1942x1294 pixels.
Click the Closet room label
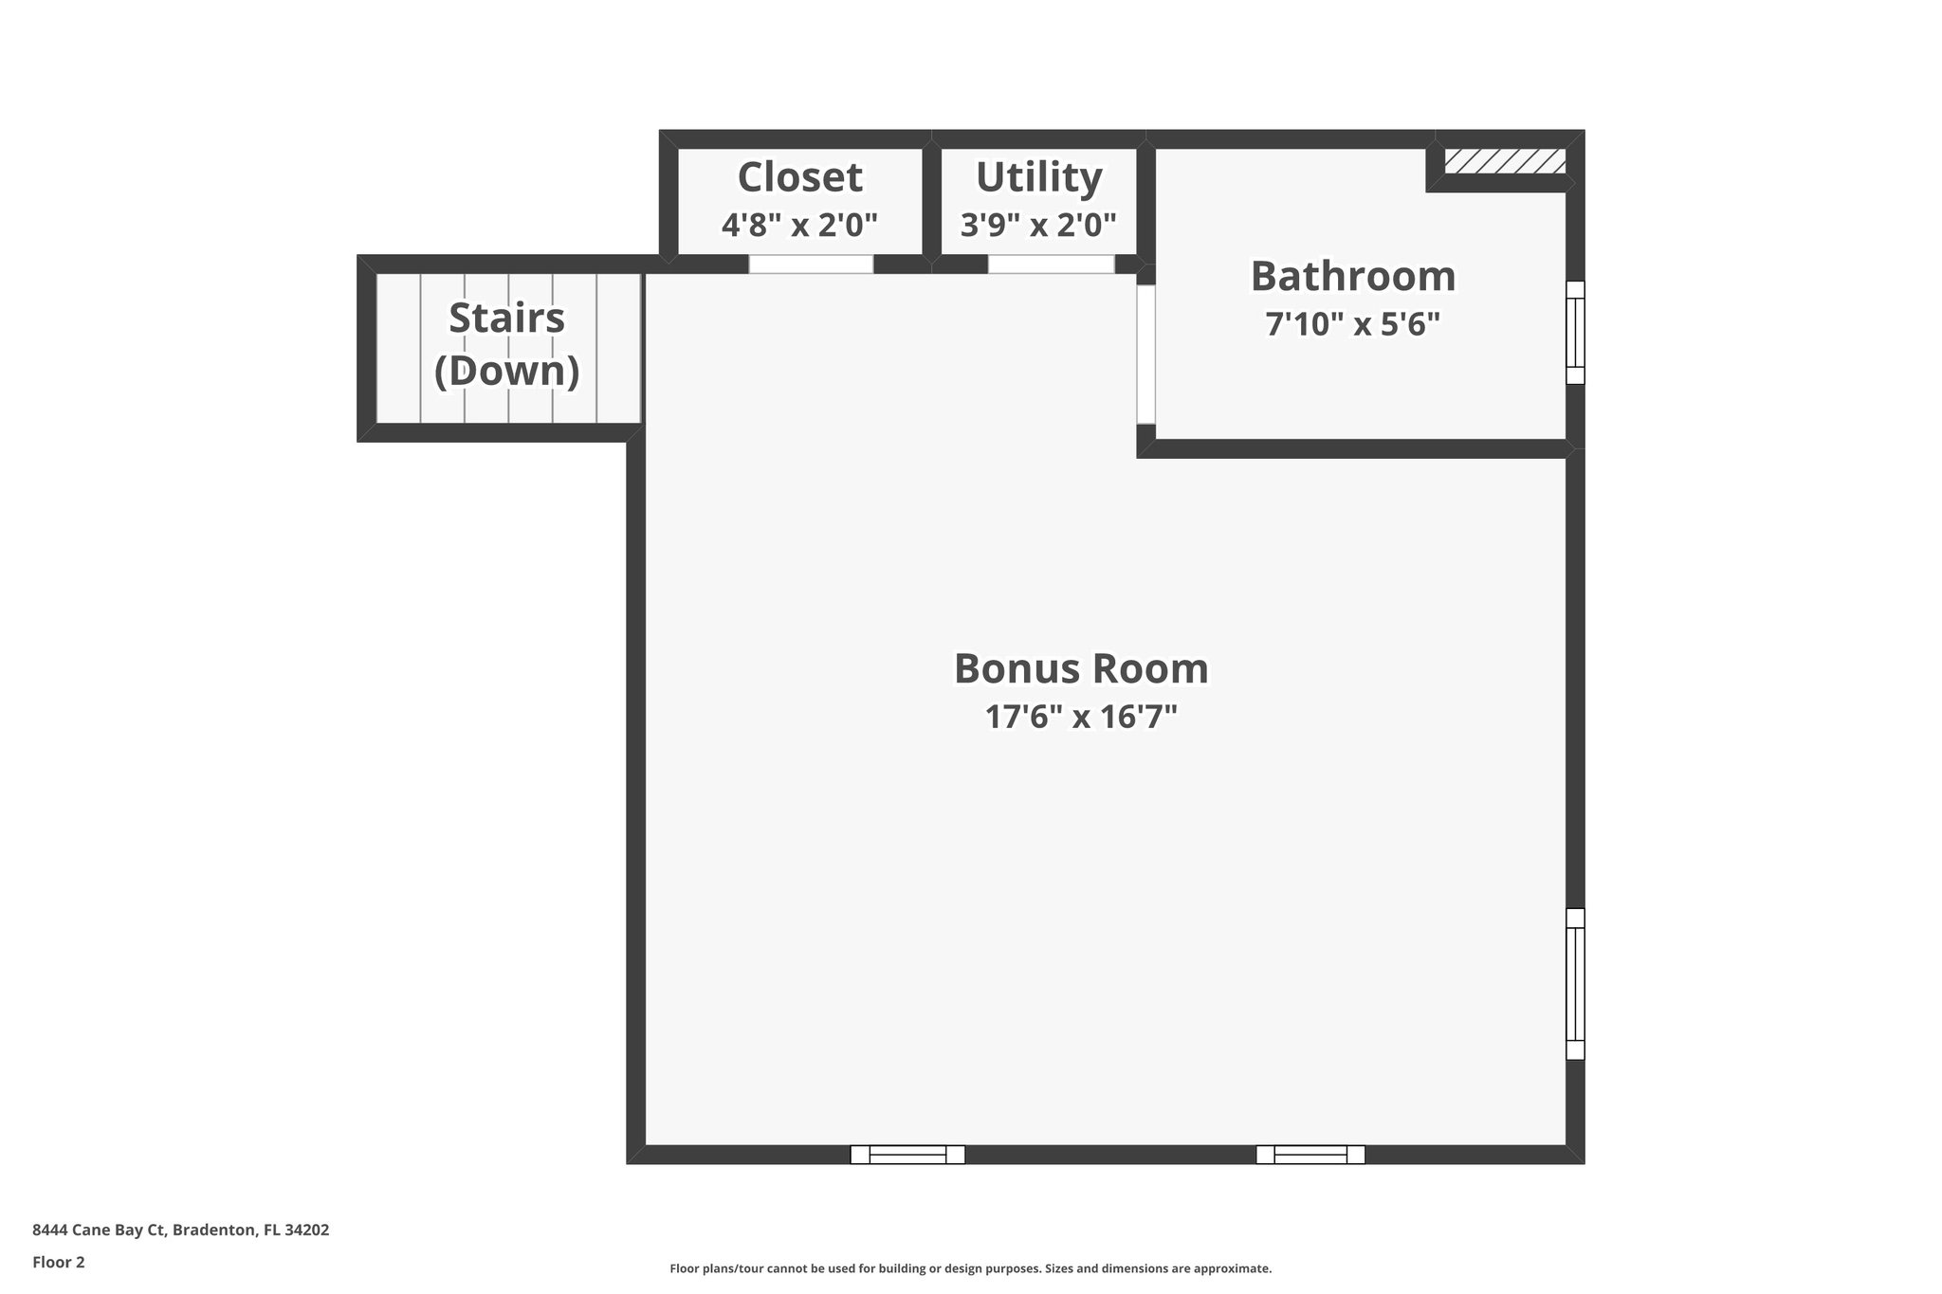pyautogui.click(x=799, y=177)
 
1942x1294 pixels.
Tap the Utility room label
pyautogui.click(x=1038, y=177)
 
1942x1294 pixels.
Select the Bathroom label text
pyautogui.click(x=1352, y=276)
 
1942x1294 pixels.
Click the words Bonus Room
pyautogui.click(x=1080, y=668)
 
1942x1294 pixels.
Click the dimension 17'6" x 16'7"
pyautogui.click(x=1080, y=717)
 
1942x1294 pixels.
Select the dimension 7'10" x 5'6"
pyautogui.click(x=1352, y=325)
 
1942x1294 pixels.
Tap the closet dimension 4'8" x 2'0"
pyautogui.click(x=799, y=226)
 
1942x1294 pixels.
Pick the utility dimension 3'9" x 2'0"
pyautogui.click(x=1038, y=226)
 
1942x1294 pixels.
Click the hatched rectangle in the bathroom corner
pyautogui.click(x=1504, y=161)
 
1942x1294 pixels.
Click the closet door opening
pyautogui.click(x=811, y=264)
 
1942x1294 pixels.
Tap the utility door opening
pyautogui.click(x=1051, y=264)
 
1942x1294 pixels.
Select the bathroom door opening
pyautogui.click(x=1145, y=355)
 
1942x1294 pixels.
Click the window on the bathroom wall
pyautogui.click(x=1574, y=333)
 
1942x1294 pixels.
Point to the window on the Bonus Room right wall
pyautogui.click(x=1574, y=984)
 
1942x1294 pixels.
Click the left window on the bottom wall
pyautogui.click(x=907, y=1154)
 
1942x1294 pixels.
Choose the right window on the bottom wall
pyautogui.click(x=1310, y=1154)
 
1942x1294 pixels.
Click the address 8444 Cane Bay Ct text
pyautogui.click(x=180, y=1230)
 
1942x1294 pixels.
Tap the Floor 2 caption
pyautogui.click(x=59, y=1262)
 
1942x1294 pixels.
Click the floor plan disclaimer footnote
pyautogui.click(x=970, y=1268)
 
